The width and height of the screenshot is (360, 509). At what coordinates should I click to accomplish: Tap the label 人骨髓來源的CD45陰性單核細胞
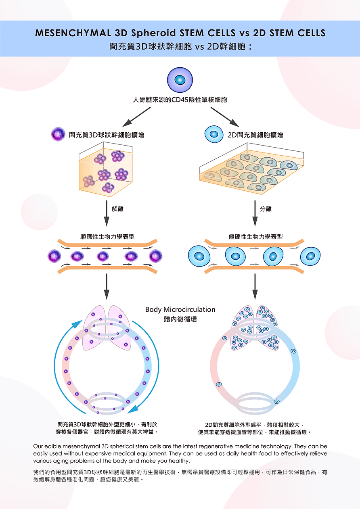coord(180,99)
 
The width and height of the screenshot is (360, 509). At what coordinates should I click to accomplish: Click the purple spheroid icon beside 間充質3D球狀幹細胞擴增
coord(58,134)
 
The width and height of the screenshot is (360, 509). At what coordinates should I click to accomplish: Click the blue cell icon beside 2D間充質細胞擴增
coord(214,134)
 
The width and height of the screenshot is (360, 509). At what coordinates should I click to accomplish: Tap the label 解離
coord(118,209)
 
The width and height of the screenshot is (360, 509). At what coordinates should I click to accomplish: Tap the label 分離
coord(266,209)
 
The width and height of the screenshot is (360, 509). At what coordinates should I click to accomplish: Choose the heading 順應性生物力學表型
coord(107,237)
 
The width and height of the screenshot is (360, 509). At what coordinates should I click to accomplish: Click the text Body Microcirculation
coord(180,309)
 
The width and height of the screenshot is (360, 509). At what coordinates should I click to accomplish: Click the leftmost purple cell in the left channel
coord(54,256)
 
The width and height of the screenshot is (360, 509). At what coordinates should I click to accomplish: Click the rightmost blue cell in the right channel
coord(310,256)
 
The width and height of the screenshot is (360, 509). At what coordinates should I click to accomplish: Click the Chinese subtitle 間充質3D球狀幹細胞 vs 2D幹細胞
coord(180,46)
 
